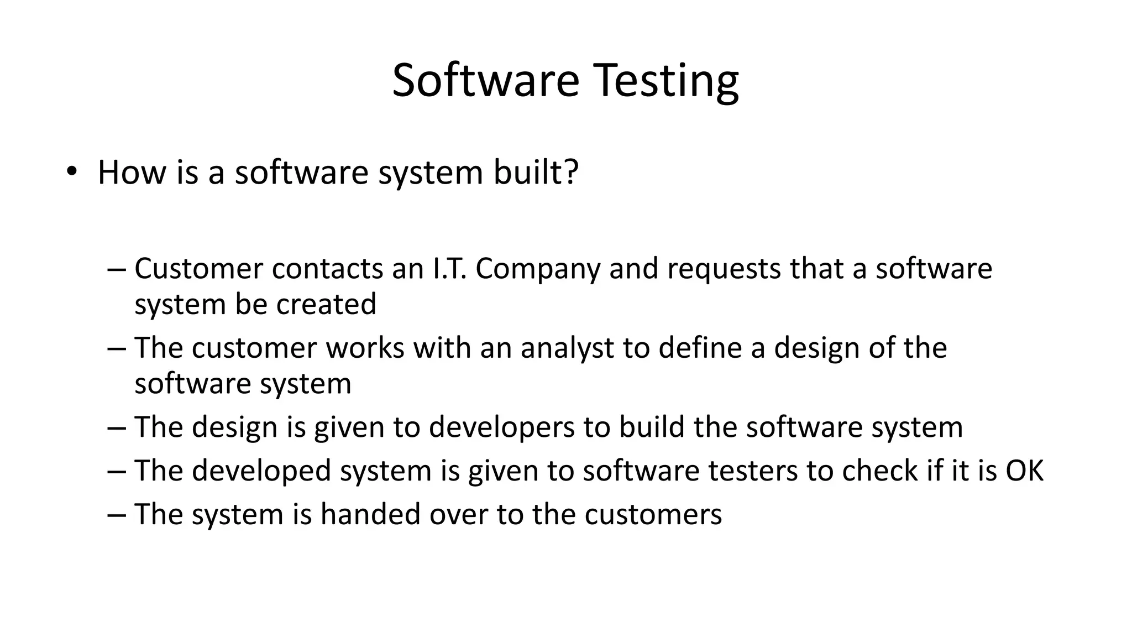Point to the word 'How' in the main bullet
coord(132,172)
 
